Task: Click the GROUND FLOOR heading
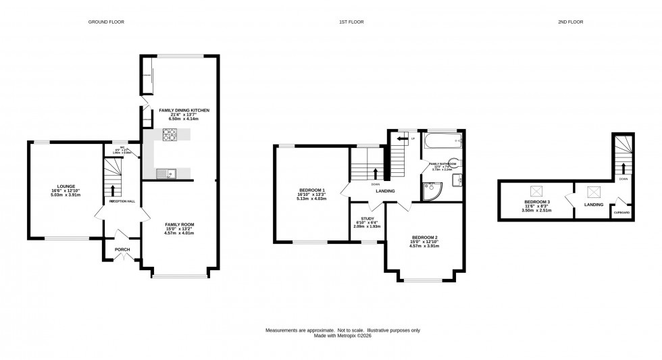[x=106, y=22]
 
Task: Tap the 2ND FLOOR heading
[x=570, y=22]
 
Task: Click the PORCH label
[x=122, y=249]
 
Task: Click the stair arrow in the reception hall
[x=113, y=191]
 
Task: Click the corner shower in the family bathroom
[x=430, y=192]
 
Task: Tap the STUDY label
[x=367, y=219]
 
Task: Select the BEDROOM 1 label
[x=312, y=190]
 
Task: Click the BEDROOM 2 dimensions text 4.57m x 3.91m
[x=425, y=246]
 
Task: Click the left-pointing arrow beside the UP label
[x=402, y=139]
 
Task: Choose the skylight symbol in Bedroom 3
[x=538, y=191]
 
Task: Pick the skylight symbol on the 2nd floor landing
[x=594, y=191]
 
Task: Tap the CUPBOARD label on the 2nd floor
[x=621, y=213]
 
